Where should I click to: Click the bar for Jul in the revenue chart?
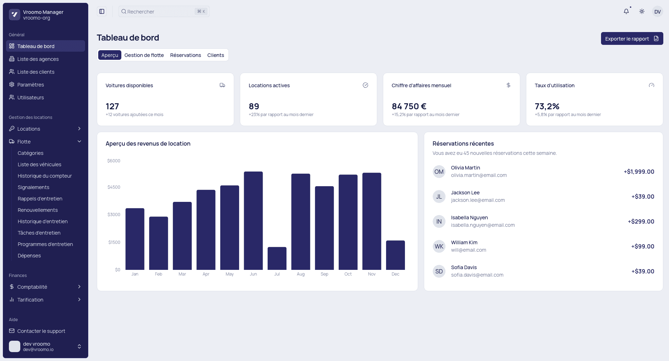click(x=277, y=258)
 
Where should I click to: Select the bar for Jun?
click(x=253, y=221)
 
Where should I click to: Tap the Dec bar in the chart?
click(x=395, y=255)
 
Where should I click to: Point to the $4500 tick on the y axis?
click(x=114, y=187)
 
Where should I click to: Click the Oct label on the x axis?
click(x=348, y=274)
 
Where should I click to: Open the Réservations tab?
click(x=185, y=55)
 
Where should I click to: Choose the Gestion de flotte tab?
click(x=144, y=55)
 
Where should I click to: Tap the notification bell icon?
click(x=626, y=11)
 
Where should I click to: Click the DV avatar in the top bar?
click(x=657, y=11)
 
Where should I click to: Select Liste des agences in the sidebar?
click(x=38, y=59)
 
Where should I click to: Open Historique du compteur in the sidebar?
click(x=45, y=176)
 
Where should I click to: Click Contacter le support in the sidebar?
click(x=41, y=331)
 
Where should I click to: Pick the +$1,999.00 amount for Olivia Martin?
click(x=639, y=172)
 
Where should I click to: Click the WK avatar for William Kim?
click(x=439, y=246)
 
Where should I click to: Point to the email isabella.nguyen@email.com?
click(x=483, y=225)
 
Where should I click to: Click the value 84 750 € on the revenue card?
click(x=409, y=106)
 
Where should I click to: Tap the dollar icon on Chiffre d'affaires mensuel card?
click(x=508, y=85)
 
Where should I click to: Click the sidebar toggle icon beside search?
click(x=102, y=11)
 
